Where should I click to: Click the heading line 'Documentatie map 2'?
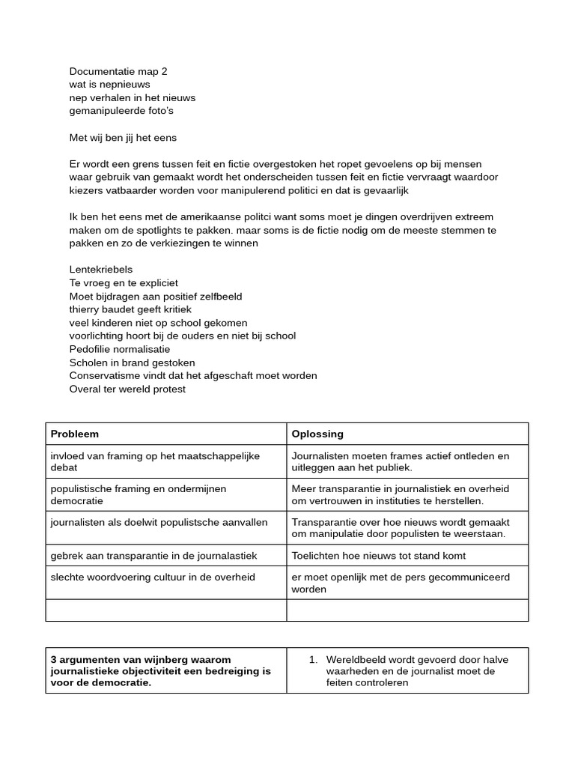[118, 72]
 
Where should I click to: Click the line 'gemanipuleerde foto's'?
[121, 111]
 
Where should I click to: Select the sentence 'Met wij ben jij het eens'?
[123, 138]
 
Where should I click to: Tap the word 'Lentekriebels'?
[101, 270]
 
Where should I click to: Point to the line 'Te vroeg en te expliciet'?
[124, 283]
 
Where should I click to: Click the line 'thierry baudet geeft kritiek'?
[130, 309]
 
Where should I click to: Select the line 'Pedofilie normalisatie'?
[120, 349]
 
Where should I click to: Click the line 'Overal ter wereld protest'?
[127, 389]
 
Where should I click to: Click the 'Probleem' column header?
[75, 434]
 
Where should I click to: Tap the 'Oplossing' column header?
[317, 434]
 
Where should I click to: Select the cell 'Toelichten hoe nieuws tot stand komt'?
[379, 555]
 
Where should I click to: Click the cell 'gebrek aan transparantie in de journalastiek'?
[153, 555]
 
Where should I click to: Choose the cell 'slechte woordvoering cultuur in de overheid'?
[153, 577]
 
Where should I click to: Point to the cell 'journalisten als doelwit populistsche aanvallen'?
[159, 522]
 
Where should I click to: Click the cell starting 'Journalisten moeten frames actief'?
[400, 461]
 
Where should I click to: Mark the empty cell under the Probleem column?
[165, 610]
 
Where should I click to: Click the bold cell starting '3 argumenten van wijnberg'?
[160, 671]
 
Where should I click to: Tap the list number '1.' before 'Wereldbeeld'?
[314, 660]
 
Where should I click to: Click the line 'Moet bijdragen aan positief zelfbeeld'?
[156, 297]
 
